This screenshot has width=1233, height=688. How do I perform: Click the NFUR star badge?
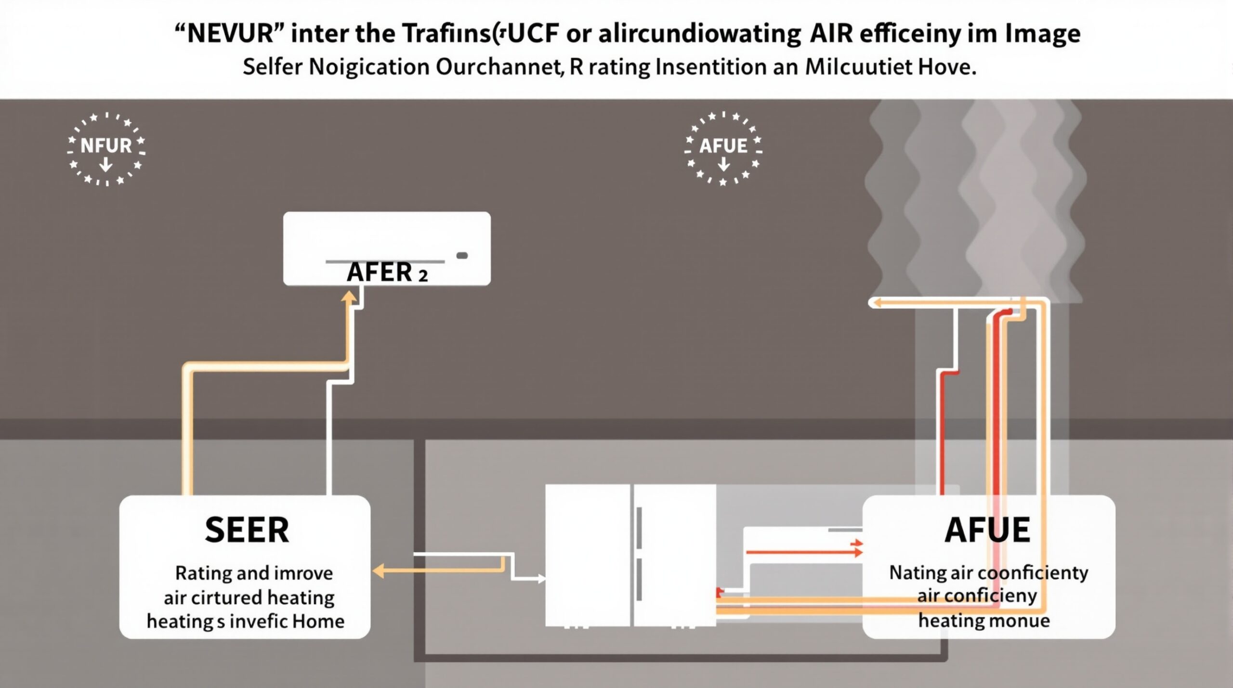tap(106, 149)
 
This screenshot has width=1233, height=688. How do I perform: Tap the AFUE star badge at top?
tap(723, 149)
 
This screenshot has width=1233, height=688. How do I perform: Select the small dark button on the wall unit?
tap(462, 256)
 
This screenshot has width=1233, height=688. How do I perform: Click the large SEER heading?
tap(247, 530)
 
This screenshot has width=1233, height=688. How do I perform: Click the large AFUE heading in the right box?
tap(987, 530)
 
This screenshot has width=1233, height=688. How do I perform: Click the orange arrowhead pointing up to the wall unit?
tap(349, 298)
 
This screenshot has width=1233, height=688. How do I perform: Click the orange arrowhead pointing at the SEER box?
tap(379, 571)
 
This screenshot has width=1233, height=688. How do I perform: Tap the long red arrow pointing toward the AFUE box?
tap(803, 552)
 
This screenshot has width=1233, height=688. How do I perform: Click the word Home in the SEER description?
tap(318, 622)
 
